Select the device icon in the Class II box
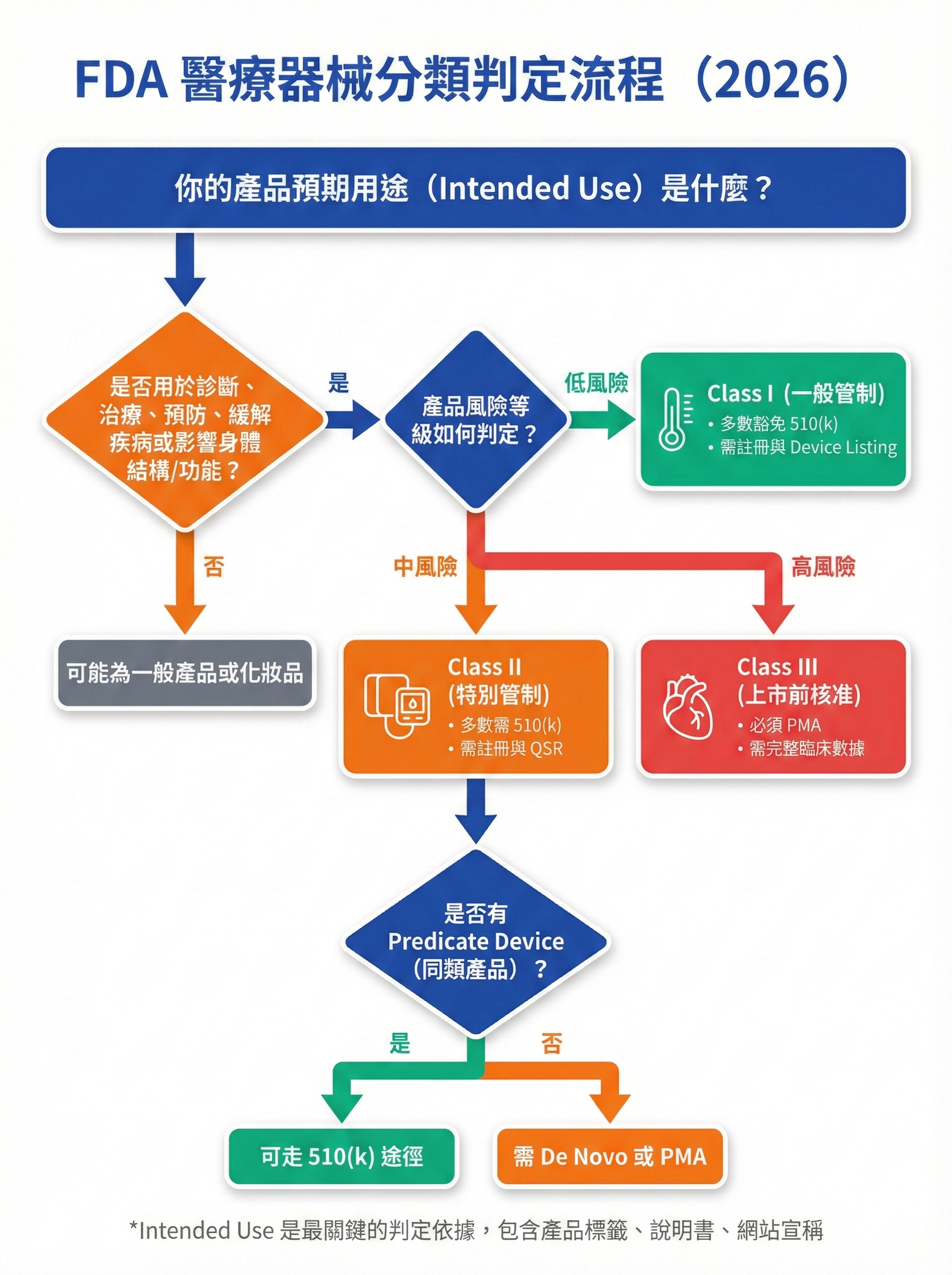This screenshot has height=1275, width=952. [397, 705]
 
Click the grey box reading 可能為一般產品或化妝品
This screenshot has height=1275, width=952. [185, 673]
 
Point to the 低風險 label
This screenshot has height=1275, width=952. [596, 383]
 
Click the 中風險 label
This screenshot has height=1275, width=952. [426, 567]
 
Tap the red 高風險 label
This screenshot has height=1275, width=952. [823, 567]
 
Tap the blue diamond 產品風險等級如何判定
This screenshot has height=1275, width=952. [476, 420]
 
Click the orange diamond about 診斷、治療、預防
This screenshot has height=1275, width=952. [185, 420]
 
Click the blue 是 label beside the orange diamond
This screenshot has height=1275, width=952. [339, 383]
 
